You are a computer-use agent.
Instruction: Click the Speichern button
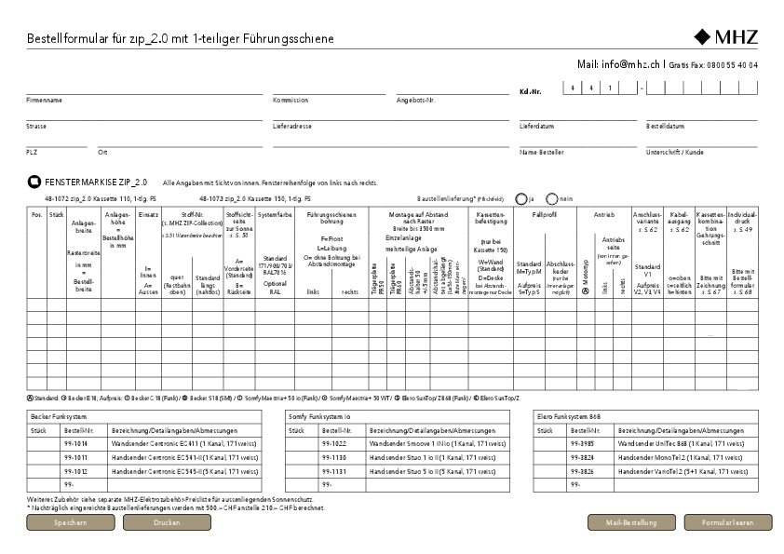point(70,523)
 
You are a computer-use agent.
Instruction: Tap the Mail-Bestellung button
point(631,523)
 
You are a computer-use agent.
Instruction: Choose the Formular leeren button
point(728,523)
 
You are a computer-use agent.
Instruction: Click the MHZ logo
point(726,38)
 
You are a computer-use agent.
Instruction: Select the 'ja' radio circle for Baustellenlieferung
point(520,198)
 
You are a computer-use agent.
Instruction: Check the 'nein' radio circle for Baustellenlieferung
point(552,198)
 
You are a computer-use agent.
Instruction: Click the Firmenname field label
point(44,100)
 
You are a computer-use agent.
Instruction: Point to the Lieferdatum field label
point(537,125)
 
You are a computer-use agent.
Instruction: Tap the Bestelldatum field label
point(666,125)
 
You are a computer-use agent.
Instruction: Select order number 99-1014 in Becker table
point(75,445)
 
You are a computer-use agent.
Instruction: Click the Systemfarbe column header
point(274,215)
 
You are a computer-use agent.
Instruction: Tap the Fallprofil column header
point(544,215)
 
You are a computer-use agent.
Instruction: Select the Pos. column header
point(36,215)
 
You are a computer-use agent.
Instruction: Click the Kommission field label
point(291,100)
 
